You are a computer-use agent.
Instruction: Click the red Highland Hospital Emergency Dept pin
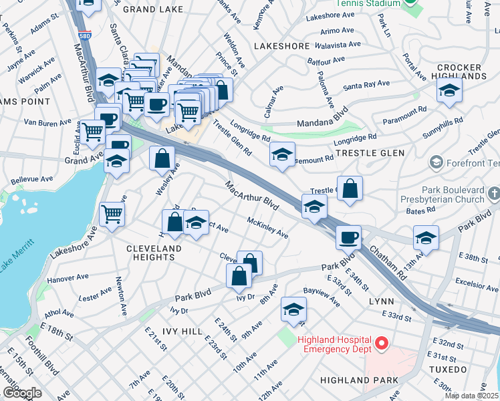(382, 344)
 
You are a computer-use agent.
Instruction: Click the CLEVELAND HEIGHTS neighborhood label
(154, 253)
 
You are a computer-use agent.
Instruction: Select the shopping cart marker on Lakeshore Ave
(112, 214)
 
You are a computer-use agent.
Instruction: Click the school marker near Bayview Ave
(293, 308)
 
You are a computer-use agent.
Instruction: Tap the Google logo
(22, 392)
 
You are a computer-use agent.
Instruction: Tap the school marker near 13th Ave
(426, 237)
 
